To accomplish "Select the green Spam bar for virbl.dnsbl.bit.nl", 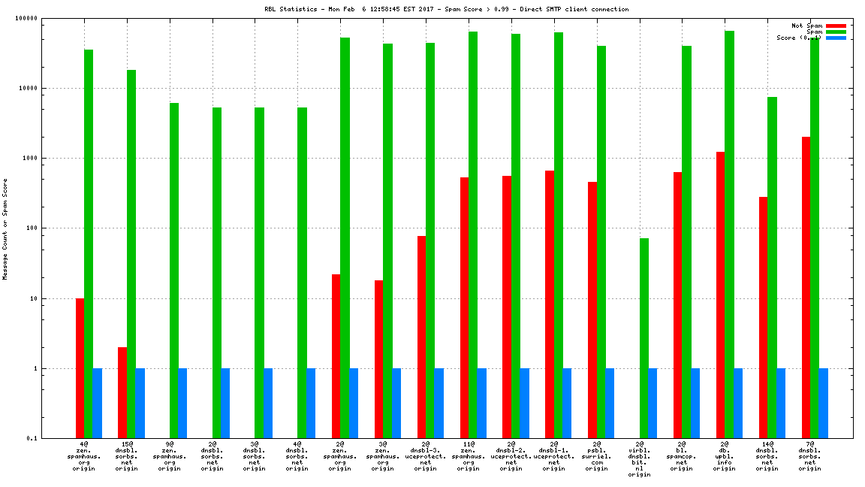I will click(644, 338).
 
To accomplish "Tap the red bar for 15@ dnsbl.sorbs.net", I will click(122, 392).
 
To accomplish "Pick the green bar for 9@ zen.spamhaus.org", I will click(174, 271).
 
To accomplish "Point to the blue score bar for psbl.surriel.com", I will click(610, 403).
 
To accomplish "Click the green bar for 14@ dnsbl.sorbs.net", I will click(772, 267).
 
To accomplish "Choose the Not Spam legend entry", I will click(806, 26).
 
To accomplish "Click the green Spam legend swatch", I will click(836, 32).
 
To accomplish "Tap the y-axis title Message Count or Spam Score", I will click(5, 228).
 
